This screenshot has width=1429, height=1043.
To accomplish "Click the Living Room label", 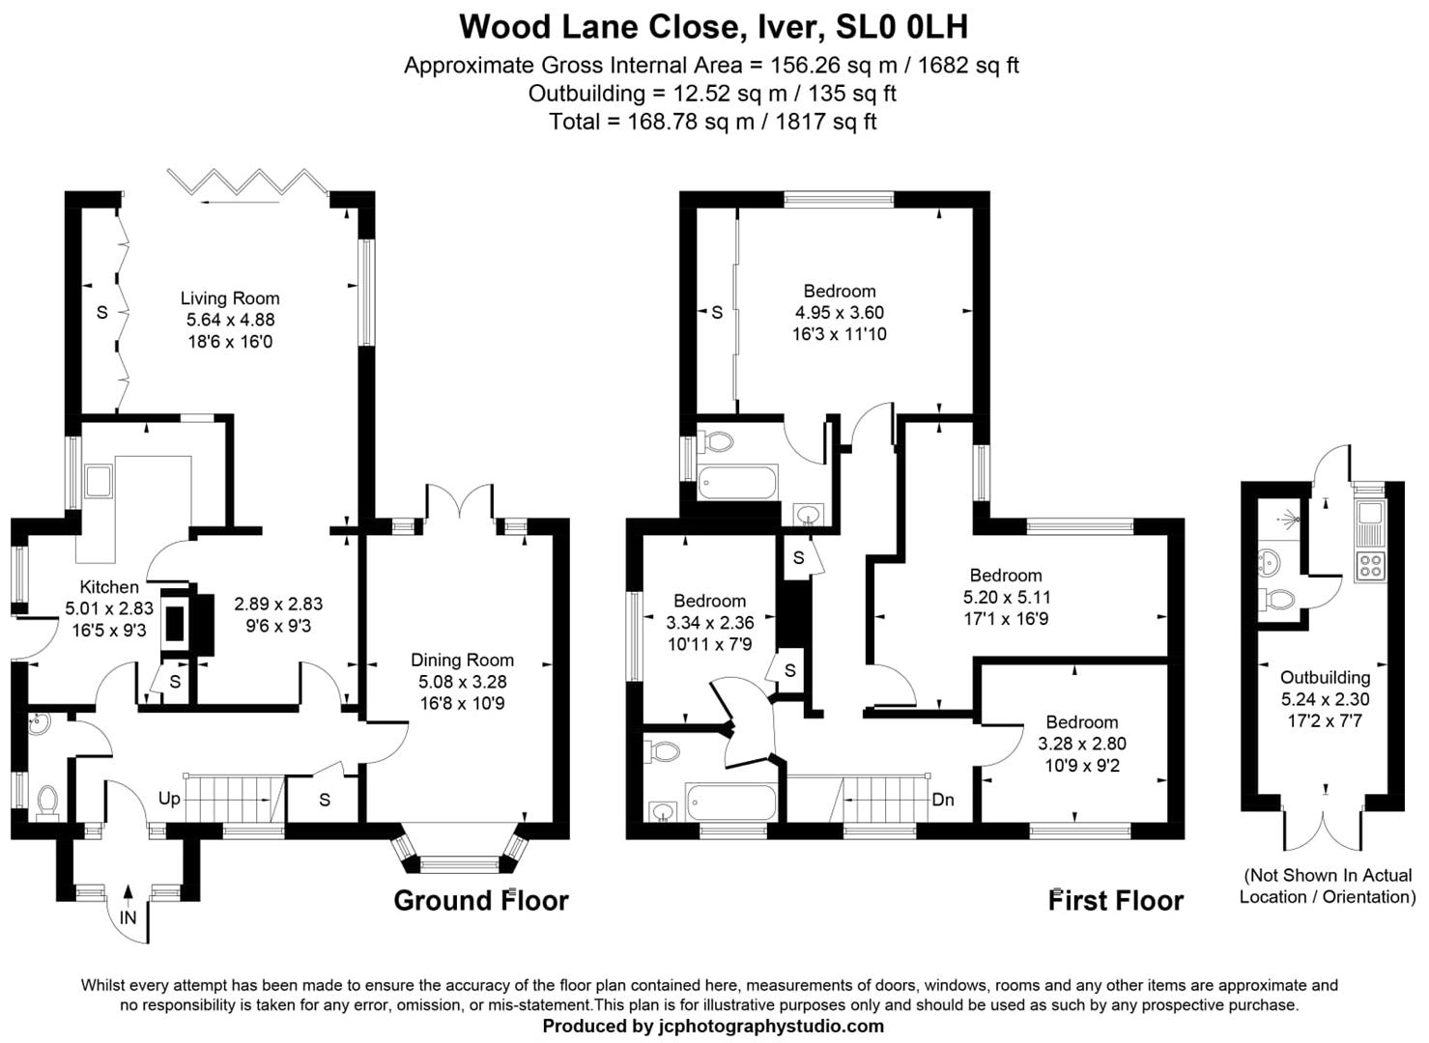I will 230,298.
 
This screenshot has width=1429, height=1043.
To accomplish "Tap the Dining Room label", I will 462,660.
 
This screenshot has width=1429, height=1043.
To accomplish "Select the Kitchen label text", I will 109,586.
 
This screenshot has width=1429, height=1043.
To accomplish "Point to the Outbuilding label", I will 1325,677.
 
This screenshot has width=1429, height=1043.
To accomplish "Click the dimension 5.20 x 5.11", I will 1006,597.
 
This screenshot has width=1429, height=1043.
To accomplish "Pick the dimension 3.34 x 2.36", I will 709,622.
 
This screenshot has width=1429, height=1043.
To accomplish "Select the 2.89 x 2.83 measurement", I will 278,604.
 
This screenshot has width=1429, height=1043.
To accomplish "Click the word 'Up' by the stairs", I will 169,799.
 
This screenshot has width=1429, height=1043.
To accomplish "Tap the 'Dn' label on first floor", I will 943,800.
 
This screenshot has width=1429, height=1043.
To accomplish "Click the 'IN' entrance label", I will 129,917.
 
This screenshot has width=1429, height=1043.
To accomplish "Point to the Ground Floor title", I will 480,900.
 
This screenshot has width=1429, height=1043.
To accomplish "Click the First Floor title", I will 1116,900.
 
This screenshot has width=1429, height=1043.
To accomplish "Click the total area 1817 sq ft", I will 826,122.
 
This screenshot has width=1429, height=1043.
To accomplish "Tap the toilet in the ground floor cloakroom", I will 46,801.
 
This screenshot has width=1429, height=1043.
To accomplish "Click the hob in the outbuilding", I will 1369,565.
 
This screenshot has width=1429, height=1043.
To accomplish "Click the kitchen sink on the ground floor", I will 99,480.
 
